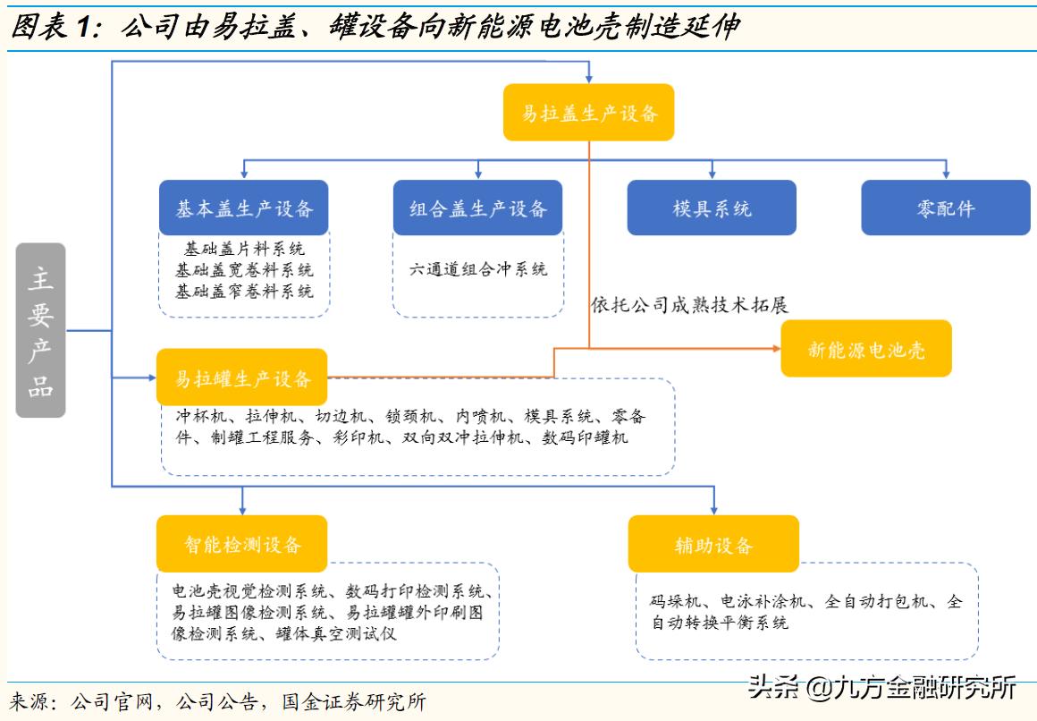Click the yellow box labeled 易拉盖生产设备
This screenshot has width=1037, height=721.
(x=589, y=113)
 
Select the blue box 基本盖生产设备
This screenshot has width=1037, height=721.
(x=244, y=208)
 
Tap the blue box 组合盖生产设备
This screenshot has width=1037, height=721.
(x=477, y=208)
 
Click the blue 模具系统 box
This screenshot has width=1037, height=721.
(x=712, y=208)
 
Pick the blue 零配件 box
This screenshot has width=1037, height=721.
(x=945, y=208)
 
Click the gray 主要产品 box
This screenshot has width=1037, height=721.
(x=40, y=330)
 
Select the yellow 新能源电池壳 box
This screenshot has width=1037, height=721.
(x=865, y=350)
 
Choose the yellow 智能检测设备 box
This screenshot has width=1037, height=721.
(x=242, y=544)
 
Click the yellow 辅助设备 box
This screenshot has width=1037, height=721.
(x=713, y=544)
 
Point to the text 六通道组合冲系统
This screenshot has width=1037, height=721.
(x=478, y=268)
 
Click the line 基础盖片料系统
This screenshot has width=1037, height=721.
(x=244, y=248)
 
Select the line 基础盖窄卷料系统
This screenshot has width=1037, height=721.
(x=244, y=291)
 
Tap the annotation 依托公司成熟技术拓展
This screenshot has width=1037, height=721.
(x=689, y=305)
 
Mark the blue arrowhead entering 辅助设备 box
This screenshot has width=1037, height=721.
(x=713, y=509)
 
